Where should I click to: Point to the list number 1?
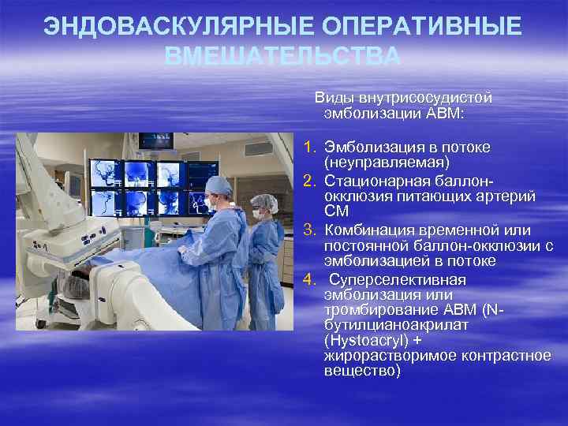(310, 148)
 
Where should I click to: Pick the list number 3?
(310, 230)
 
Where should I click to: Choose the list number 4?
(310, 279)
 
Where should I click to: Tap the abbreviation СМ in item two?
(334, 211)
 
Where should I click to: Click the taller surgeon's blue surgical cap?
(219, 185)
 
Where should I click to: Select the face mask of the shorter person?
(258, 212)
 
